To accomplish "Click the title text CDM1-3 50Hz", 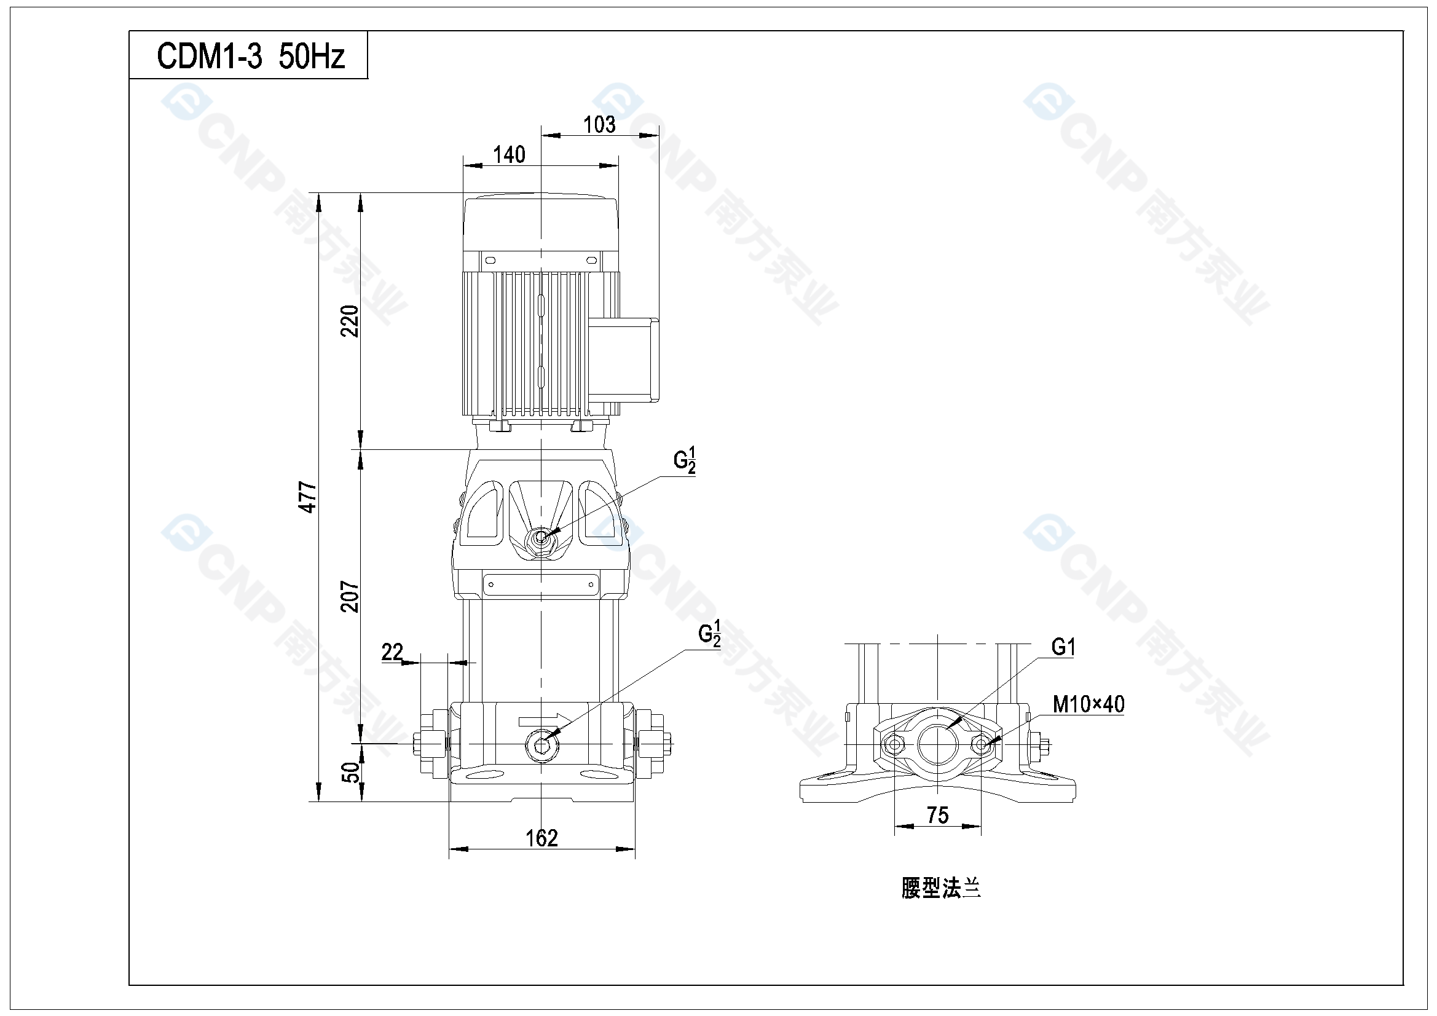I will pos(250,57).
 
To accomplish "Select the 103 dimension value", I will pos(599,125).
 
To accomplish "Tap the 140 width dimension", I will pos(509,155).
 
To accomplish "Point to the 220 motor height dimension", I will pos(350,321).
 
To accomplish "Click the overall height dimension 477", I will pos(307,497).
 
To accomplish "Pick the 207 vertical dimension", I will pos(350,597).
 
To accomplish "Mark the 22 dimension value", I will pos(392,652).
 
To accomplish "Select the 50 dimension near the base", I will pos(351,773).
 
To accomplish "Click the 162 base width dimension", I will pos(541,838).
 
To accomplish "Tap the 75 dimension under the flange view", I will pos(937,815).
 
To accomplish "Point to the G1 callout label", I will pos(1063,647).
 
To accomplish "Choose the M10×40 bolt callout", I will pos(1089,704).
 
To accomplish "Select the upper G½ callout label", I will pos(684,461).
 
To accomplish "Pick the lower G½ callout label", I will pos(709,634).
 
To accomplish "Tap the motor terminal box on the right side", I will pos(624,359).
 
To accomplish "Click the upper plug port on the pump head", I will pos(541,538).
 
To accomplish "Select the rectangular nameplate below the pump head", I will pos(541,585).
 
